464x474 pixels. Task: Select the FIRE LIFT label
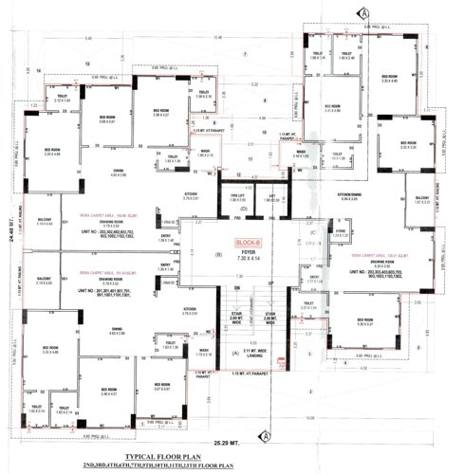click(x=240, y=196)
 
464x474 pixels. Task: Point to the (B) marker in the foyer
click(x=219, y=254)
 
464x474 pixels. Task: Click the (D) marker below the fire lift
click(x=243, y=207)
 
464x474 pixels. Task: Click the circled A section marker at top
click(x=363, y=11)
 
